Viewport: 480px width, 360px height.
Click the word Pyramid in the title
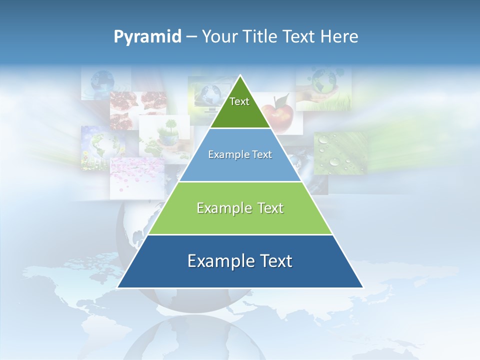tap(147, 37)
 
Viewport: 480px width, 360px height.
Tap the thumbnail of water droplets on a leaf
tap(340, 152)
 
